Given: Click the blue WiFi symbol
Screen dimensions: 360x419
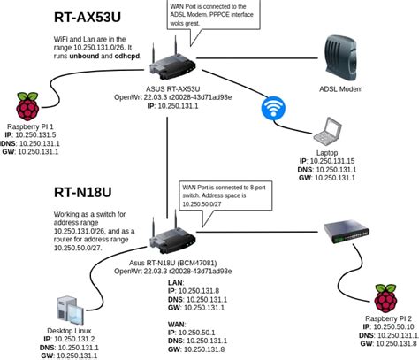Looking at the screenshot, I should [273, 108].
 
